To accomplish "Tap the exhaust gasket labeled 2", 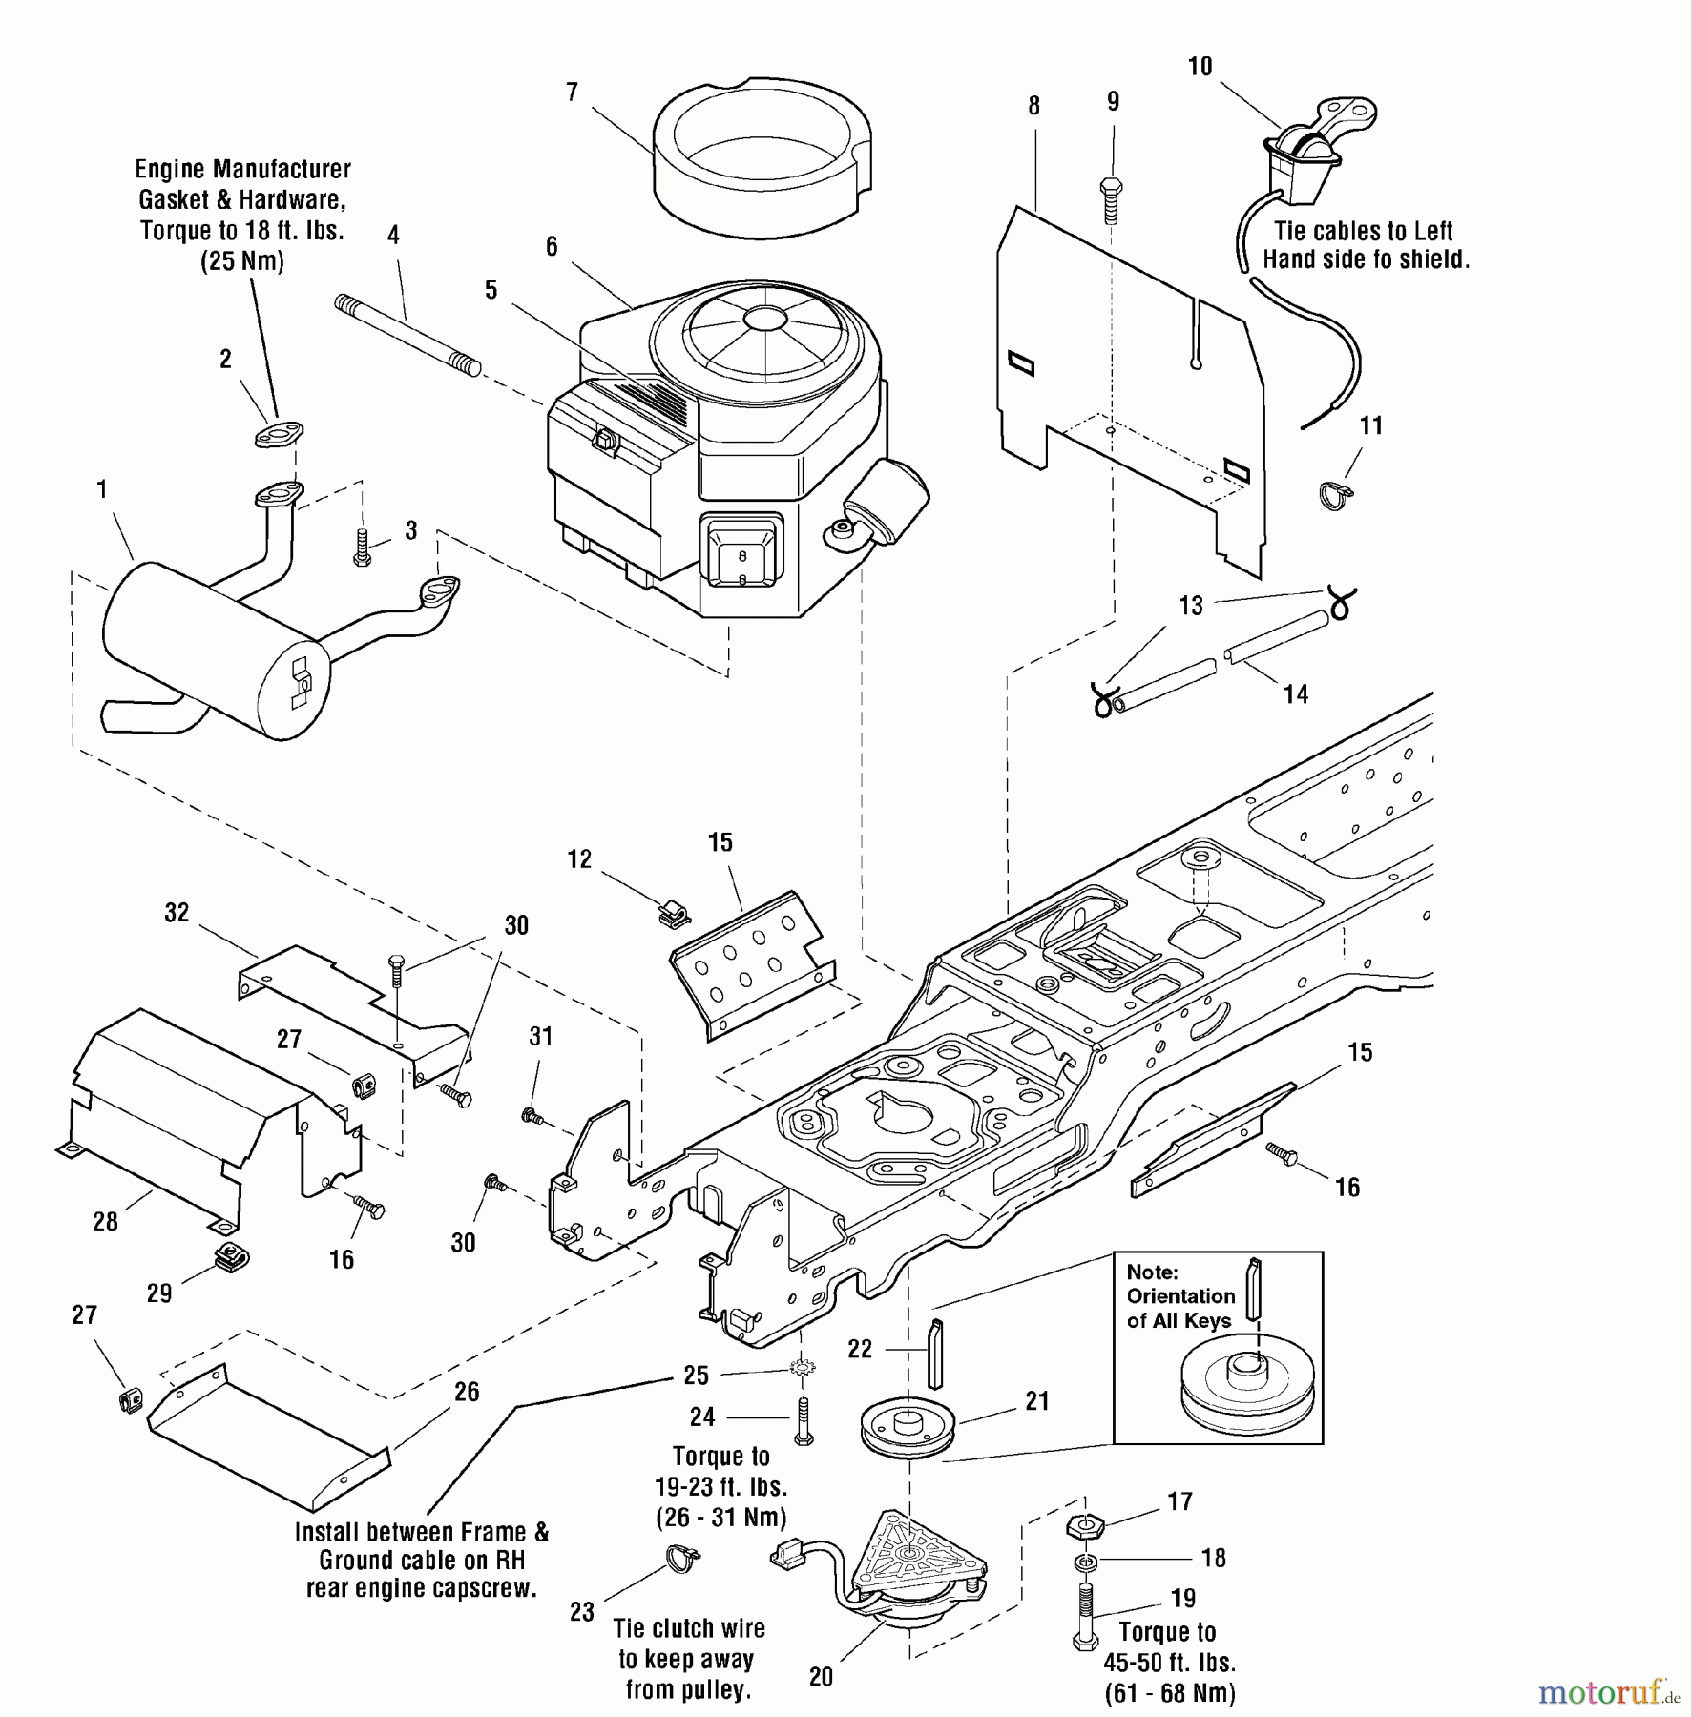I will tap(278, 434).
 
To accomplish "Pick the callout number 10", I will tap(1200, 67).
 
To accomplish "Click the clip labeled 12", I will tap(675, 914).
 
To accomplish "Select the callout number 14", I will tap(1295, 694).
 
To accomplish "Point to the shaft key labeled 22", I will tap(936, 1353).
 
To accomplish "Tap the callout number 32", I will tap(177, 913).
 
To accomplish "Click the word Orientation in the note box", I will tap(1180, 1296).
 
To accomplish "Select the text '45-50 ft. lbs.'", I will tap(1169, 1663).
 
